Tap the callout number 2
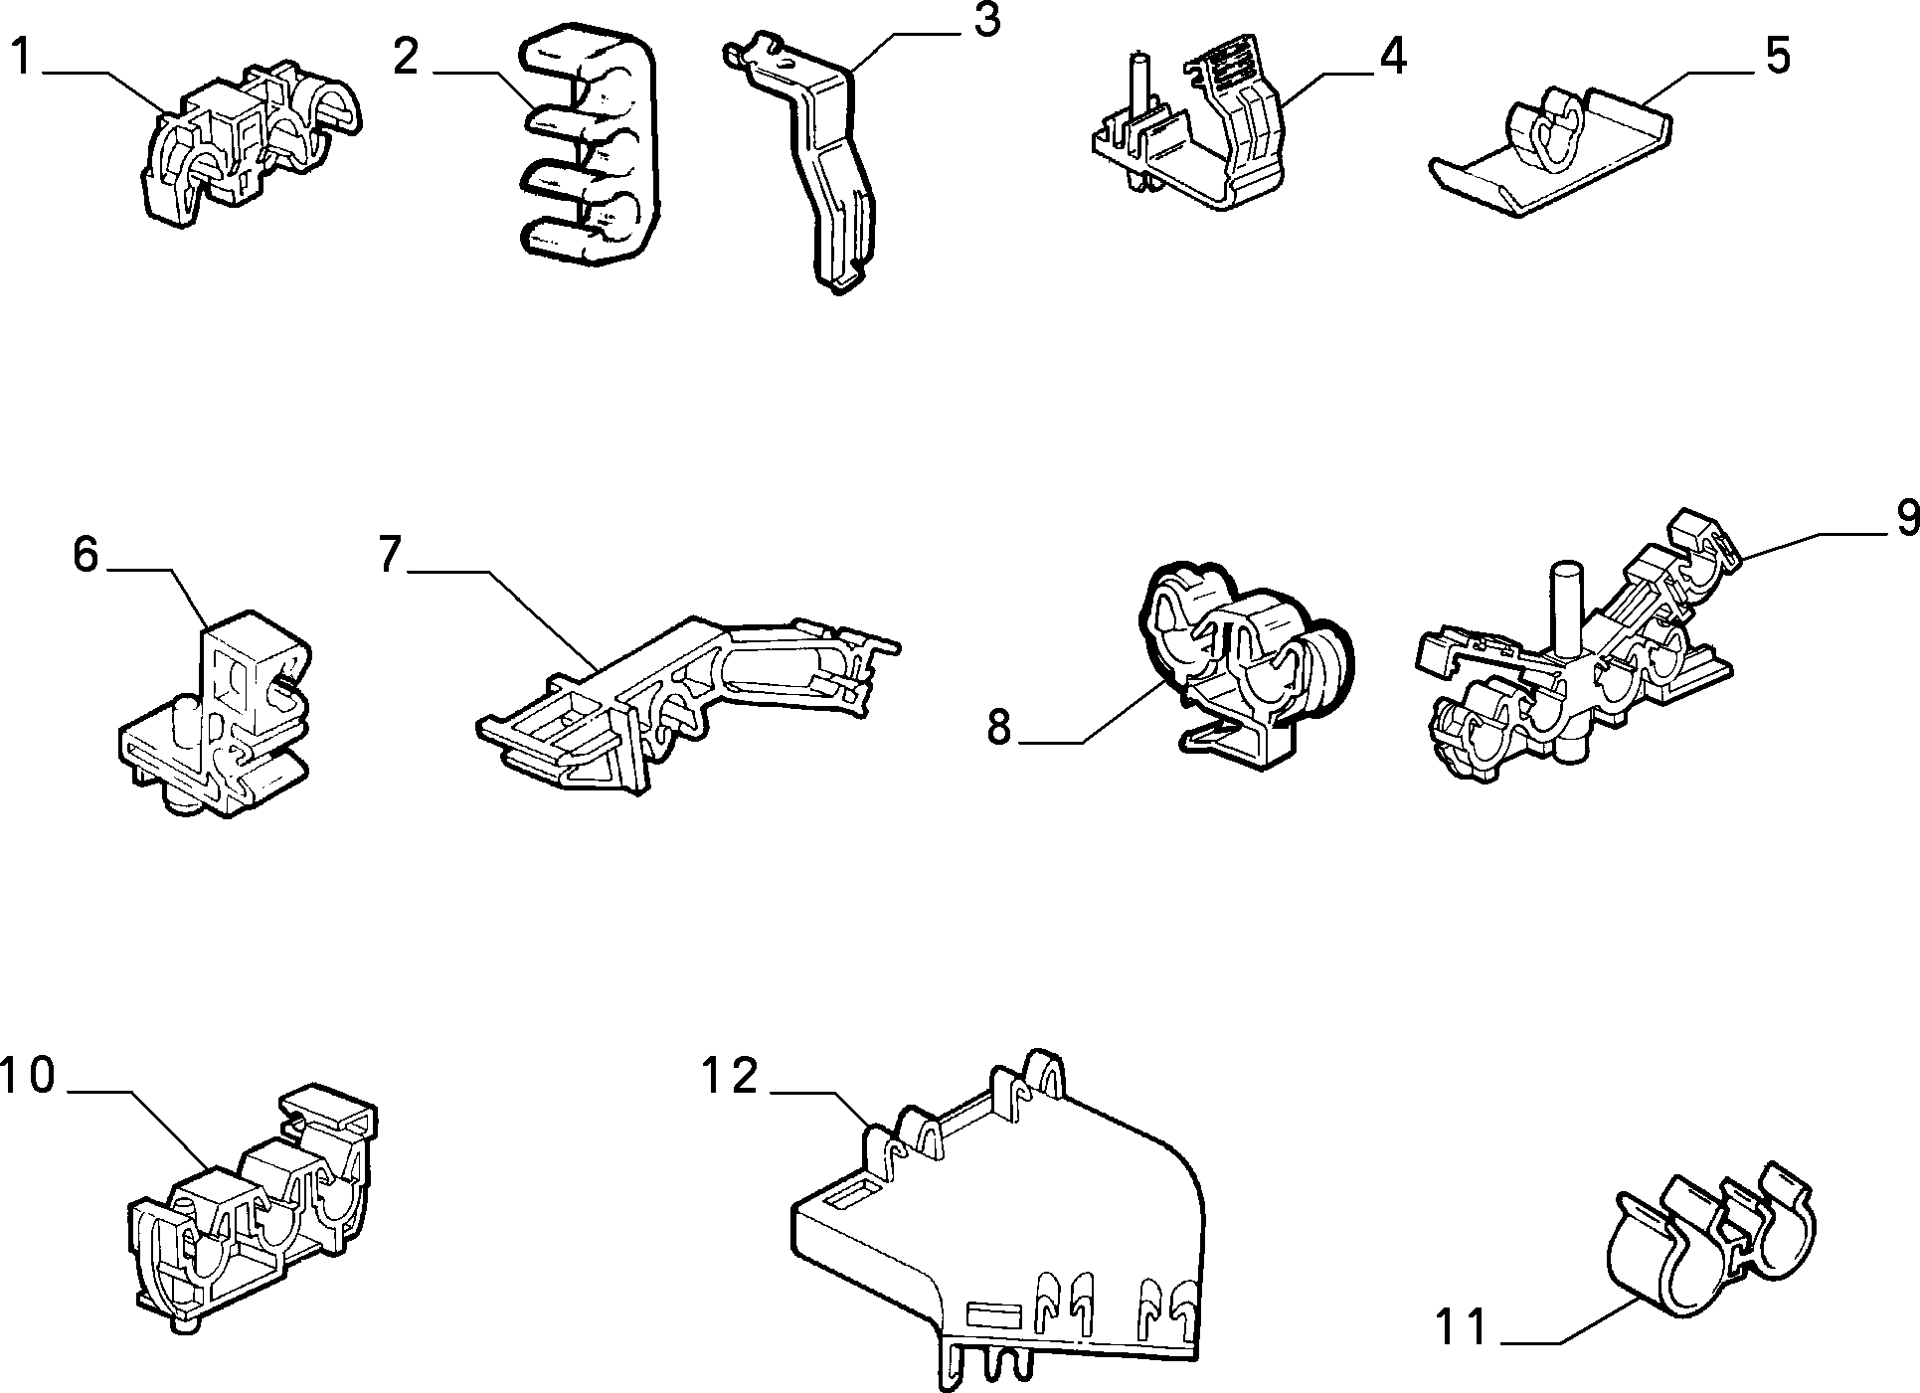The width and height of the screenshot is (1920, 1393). pos(406,57)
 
